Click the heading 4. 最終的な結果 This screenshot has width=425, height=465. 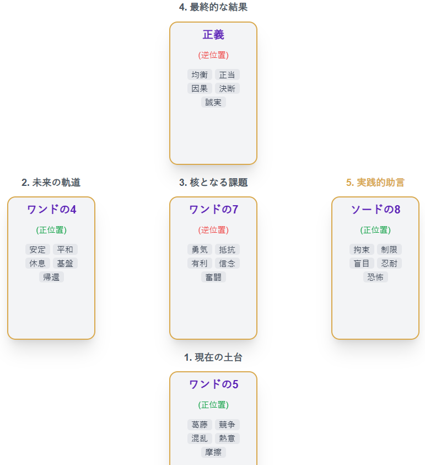213,7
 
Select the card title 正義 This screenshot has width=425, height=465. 213,35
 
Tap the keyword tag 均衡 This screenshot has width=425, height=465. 200,74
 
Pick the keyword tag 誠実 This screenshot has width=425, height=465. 213,102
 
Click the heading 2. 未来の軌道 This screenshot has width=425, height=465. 51,182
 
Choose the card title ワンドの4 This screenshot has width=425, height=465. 51,210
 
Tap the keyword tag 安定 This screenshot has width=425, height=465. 37,249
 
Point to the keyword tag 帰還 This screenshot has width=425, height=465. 51,277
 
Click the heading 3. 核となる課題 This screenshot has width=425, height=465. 213,182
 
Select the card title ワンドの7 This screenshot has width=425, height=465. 213,210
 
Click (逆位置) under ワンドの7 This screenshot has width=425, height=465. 213,230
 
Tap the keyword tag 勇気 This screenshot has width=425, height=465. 200,249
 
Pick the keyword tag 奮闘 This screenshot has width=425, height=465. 213,277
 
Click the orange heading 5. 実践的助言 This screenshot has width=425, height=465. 375,182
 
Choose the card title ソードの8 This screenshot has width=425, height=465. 375,210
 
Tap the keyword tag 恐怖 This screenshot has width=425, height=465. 375,277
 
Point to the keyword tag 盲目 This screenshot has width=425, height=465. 362,263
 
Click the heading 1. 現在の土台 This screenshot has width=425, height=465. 213,357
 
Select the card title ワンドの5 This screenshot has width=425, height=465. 213,384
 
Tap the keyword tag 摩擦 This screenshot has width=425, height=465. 213,452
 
